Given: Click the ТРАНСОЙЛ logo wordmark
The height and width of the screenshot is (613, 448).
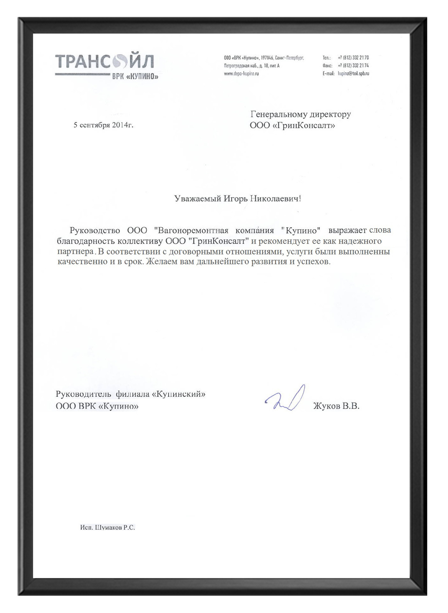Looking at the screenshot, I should point(104,62).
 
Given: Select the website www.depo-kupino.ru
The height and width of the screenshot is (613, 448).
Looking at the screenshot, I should point(241,73).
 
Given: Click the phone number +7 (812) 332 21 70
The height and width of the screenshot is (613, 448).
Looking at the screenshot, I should point(353,58).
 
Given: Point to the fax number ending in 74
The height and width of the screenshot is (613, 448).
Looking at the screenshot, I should point(353,65).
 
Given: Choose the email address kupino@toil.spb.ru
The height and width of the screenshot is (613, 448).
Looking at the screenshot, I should point(353,73).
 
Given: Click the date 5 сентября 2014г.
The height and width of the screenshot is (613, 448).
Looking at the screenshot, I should point(103,125).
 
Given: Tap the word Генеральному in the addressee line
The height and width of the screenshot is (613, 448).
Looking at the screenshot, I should point(276,114).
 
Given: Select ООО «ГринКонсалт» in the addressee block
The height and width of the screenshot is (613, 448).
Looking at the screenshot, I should point(292,125).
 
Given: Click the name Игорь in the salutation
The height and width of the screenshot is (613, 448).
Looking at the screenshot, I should point(235,199).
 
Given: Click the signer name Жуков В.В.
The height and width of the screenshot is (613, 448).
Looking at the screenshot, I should point(336,406).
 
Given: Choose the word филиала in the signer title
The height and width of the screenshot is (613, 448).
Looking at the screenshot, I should point(132,394).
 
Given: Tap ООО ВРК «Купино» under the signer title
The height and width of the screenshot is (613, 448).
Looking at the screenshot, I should point(97,406).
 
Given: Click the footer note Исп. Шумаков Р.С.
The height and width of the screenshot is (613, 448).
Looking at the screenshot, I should point(107,527).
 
